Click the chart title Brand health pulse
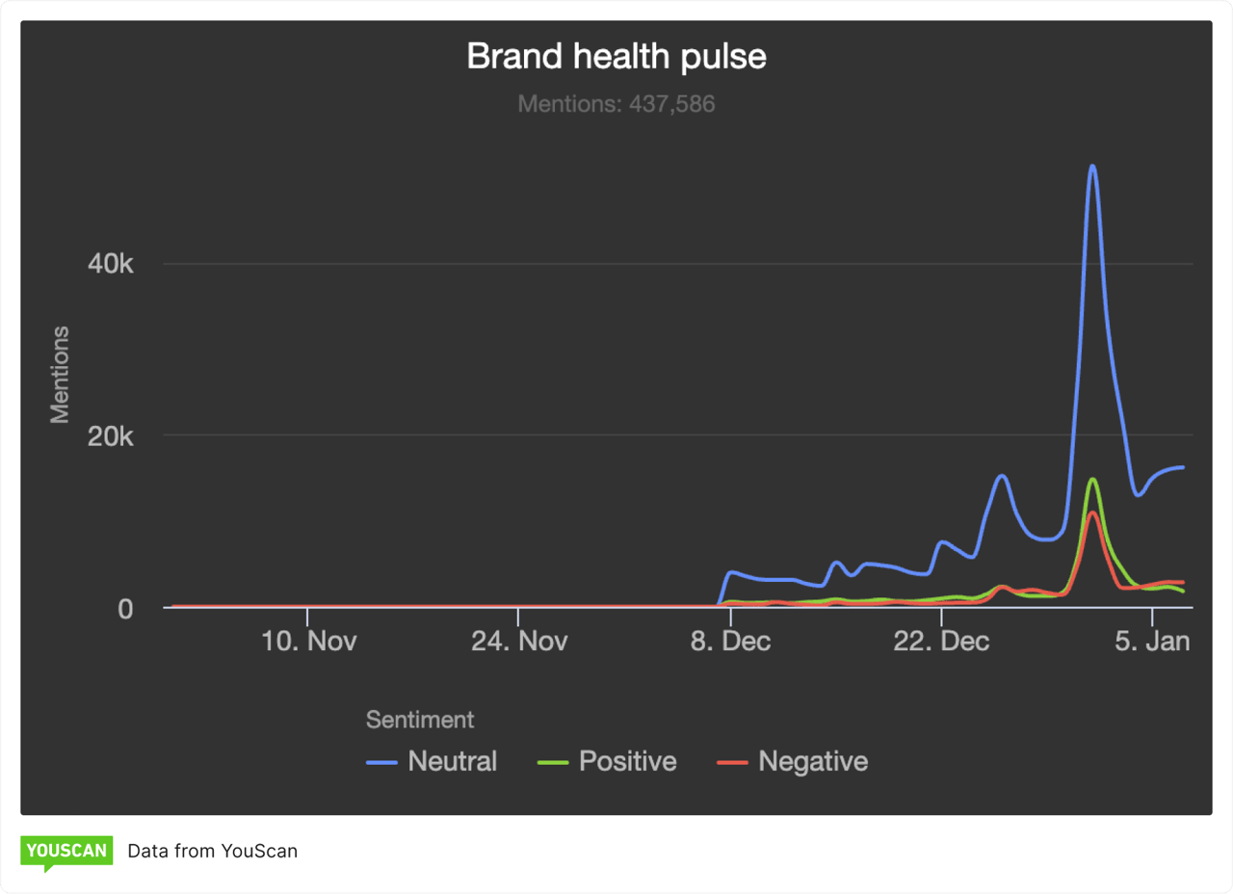pyautogui.click(x=616, y=57)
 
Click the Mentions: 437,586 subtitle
pyautogui.click(x=616, y=104)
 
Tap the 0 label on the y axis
pyautogui.click(x=125, y=609)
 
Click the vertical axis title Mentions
pyautogui.click(x=60, y=375)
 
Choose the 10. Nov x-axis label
pyautogui.click(x=308, y=642)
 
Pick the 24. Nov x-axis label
pyautogui.click(x=519, y=642)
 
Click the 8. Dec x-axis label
pyautogui.click(x=730, y=642)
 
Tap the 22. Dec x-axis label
pyautogui.click(x=941, y=642)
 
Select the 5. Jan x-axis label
pyautogui.click(x=1152, y=642)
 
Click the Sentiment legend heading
pyautogui.click(x=420, y=720)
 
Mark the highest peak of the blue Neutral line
pyautogui.click(x=1092, y=166)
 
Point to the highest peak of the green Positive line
pyautogui.click(x=1092, y=479)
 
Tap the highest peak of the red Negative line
pyautogui.click(x=1091, y=513)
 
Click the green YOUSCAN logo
pyautogui.click(x=66, y=852)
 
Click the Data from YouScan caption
pyautogui.click(x=212, y=851)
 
